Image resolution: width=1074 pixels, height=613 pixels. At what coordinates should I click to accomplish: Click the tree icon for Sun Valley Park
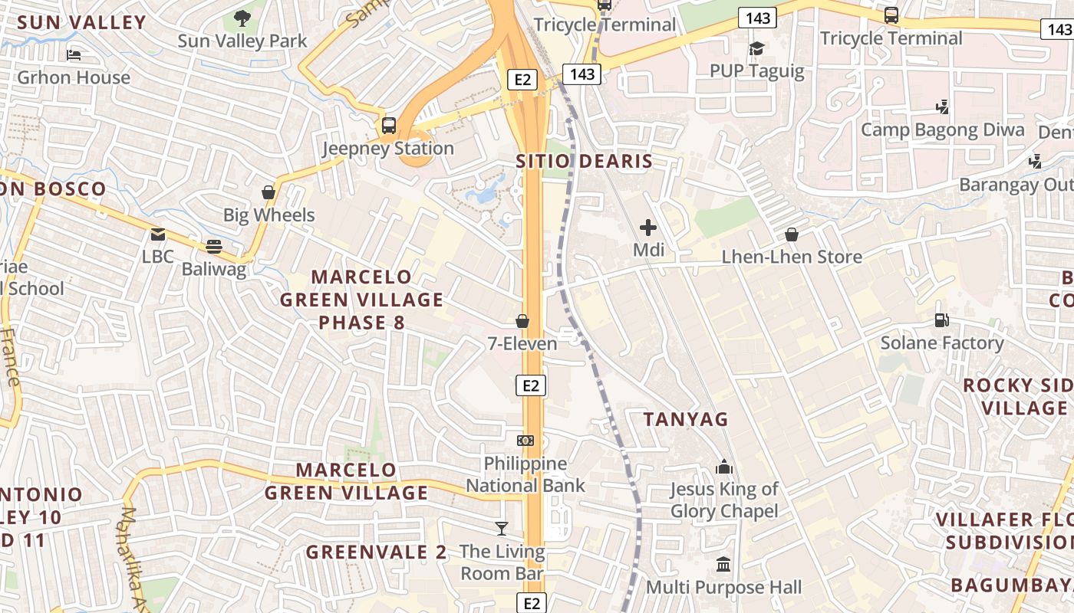[x=242, y=18]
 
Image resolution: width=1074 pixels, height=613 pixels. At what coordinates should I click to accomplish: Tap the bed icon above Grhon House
[x=74, y=55]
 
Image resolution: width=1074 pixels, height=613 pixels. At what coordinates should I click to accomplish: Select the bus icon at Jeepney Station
[x=389, y=125]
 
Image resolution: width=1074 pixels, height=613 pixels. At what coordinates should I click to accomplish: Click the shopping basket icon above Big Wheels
[x=268, y=192]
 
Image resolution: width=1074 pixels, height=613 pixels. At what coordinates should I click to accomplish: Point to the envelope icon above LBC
[x=158, y=234]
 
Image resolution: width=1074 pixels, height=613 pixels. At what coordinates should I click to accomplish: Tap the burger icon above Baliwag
[x=213, y=246]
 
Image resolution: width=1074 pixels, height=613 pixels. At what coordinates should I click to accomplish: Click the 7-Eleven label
[x=522, y=344]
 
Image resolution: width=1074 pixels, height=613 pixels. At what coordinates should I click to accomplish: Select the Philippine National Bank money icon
[x=525, y=441]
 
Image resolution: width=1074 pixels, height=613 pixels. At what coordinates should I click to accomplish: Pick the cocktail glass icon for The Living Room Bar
[x=502, y=529]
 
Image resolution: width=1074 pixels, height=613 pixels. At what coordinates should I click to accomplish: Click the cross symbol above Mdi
[x=648, y=228]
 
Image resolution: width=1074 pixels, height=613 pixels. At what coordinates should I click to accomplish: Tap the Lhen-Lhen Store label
[x=792, y=257]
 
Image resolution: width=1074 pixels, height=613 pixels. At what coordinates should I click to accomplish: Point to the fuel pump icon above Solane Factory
[x=941, y=320]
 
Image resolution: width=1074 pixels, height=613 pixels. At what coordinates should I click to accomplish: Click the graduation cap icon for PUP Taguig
[x=757, y=49]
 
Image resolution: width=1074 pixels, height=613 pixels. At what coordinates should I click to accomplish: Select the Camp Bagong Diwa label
[x=942, y=129]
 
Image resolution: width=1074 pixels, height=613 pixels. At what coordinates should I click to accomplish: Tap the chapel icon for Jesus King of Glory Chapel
[x=724, y=466]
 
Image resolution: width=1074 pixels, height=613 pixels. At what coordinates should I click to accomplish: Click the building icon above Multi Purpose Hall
[x=723, y=565]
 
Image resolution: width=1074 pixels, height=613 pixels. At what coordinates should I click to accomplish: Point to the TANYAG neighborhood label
[x=686, y=419]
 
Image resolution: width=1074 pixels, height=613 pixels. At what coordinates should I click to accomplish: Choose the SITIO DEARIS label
[x=584, y=162]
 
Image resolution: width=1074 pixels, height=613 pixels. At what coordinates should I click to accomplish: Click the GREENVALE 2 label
[x=376, y=552]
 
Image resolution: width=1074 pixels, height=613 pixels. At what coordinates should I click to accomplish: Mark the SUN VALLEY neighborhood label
[x=81, y=22]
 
